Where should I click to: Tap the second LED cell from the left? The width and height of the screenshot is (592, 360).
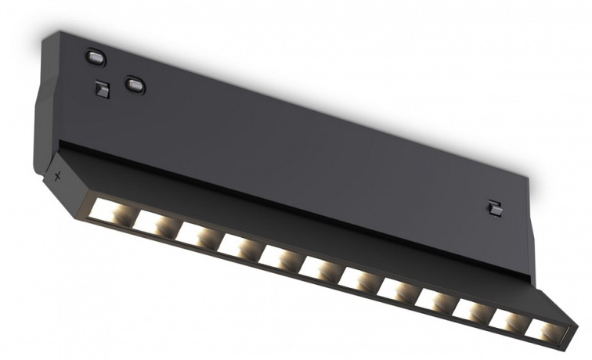[152, 222]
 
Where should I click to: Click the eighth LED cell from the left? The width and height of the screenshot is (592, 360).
[396, 289]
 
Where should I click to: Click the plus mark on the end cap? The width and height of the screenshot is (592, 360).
[57, 177]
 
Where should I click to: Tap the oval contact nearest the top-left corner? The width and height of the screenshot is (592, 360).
[95, 57]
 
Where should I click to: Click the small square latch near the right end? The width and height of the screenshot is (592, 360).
[493, 208]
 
